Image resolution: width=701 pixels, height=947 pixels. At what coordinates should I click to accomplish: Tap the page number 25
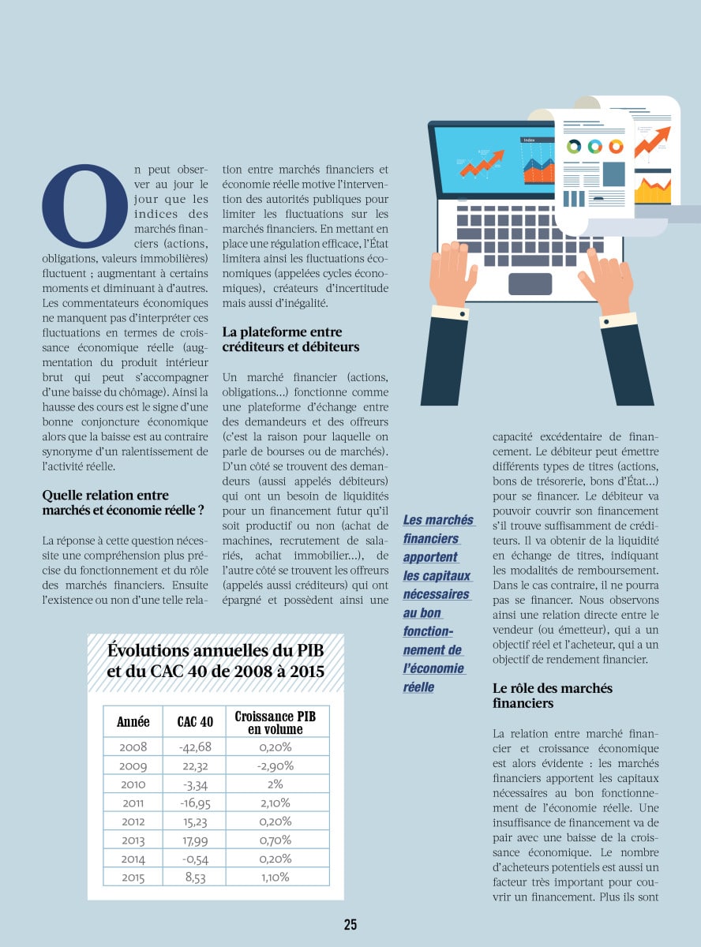[350, 925]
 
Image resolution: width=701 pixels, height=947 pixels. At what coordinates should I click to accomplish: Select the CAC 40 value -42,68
[196, 747]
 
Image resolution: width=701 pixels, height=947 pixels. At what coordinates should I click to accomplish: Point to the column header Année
[133, 722]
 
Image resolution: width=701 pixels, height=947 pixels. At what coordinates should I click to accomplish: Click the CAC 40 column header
[195, 722]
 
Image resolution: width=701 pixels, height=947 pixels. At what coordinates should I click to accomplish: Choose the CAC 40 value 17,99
[196, 840]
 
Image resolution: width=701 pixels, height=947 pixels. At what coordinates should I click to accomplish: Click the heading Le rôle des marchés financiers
[552, 695]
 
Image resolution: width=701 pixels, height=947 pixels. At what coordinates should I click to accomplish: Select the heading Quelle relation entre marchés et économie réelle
[122, 503]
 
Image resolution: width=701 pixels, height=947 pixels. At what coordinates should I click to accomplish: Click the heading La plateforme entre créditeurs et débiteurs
[291, 339]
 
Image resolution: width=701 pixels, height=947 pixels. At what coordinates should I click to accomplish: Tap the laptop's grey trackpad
[530, 283]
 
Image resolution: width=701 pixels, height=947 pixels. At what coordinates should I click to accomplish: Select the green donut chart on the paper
[574, 146]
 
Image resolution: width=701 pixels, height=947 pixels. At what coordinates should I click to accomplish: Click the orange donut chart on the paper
[615, 146]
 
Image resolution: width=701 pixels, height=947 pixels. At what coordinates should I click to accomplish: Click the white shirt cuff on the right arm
[618, 320]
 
